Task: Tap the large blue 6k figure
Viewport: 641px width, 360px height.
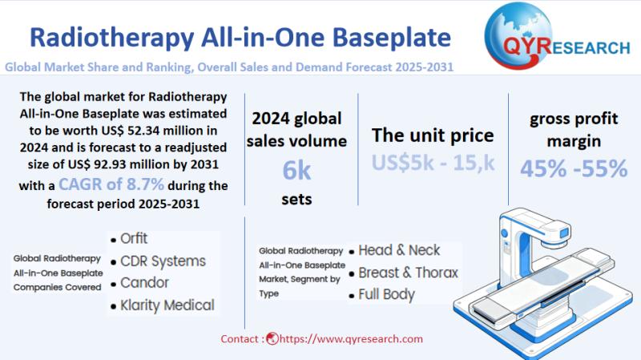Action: (x=296, y=170)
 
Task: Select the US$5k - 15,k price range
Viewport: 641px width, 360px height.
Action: (x=433, y=162)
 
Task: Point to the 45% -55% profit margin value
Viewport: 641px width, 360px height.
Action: (x=574, y=168)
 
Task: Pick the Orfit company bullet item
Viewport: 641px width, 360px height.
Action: (x=134, y=239)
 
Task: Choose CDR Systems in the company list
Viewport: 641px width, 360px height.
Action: (x=163, y=261)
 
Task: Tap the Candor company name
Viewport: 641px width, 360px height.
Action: (x=144, y=283)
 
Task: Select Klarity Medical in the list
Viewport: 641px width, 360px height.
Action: (x=167, y=305)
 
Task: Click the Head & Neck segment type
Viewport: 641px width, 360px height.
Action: (x=399, y=250)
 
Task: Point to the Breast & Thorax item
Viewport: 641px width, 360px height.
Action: (x=408, y=273)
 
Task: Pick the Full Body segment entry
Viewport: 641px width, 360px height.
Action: (x=386, y=294)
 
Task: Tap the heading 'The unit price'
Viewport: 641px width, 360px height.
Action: (x=433, y=135)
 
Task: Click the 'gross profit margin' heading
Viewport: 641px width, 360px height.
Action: (x=574, y=130)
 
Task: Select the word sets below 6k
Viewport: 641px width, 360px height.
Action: (x=296, y=199)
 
